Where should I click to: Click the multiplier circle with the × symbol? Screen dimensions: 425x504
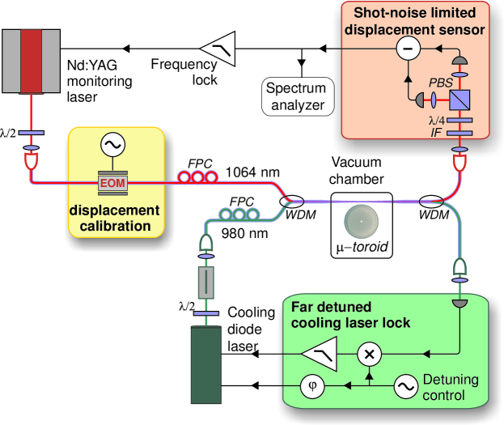(370, 354)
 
